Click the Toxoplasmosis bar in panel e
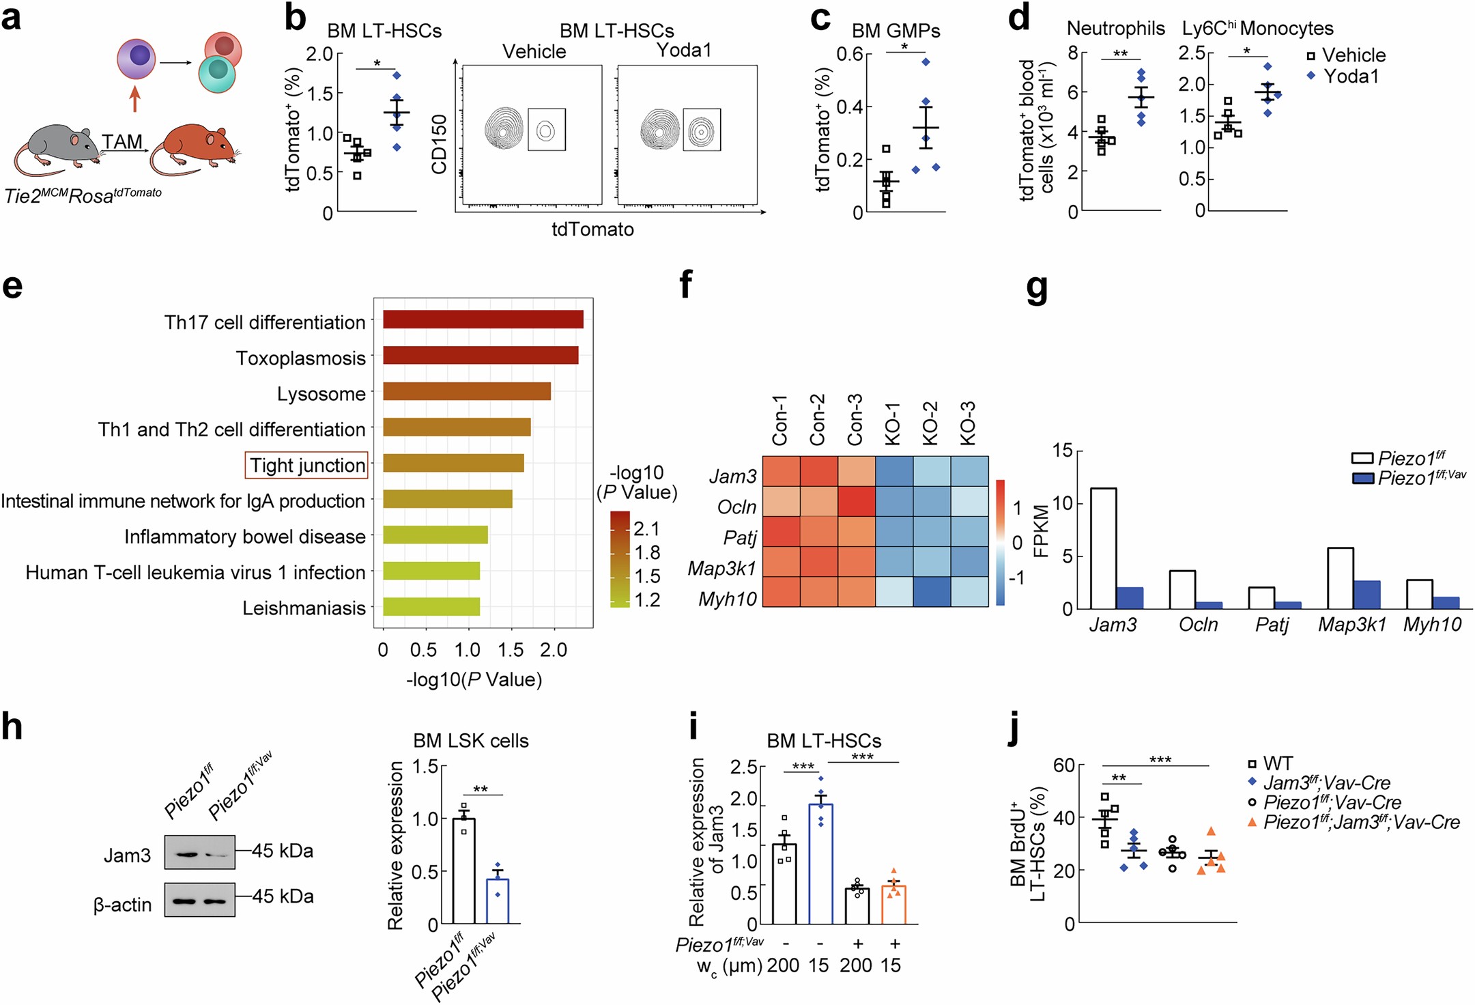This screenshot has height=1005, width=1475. click(481, 356)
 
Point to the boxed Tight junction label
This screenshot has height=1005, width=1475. click(306, 465)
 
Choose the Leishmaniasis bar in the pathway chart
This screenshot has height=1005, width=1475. click(431, 607)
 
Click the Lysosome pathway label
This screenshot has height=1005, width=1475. click(321, 394)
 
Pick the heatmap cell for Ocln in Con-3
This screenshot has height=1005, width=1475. click(857, 501)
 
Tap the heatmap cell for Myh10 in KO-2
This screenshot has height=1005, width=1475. click(932, 592)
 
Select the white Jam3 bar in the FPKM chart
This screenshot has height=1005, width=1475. click(1103, 548)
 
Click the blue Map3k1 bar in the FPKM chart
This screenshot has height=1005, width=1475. click(1366, 595)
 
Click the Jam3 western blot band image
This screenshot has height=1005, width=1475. click(199, 853)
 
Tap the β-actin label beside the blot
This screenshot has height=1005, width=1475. click(122, 905)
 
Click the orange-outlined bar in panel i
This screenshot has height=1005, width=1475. click(893, 905)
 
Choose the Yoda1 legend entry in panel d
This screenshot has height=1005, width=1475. click(1343, 76)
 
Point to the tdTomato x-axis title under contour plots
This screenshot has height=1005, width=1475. click(592, 229)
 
